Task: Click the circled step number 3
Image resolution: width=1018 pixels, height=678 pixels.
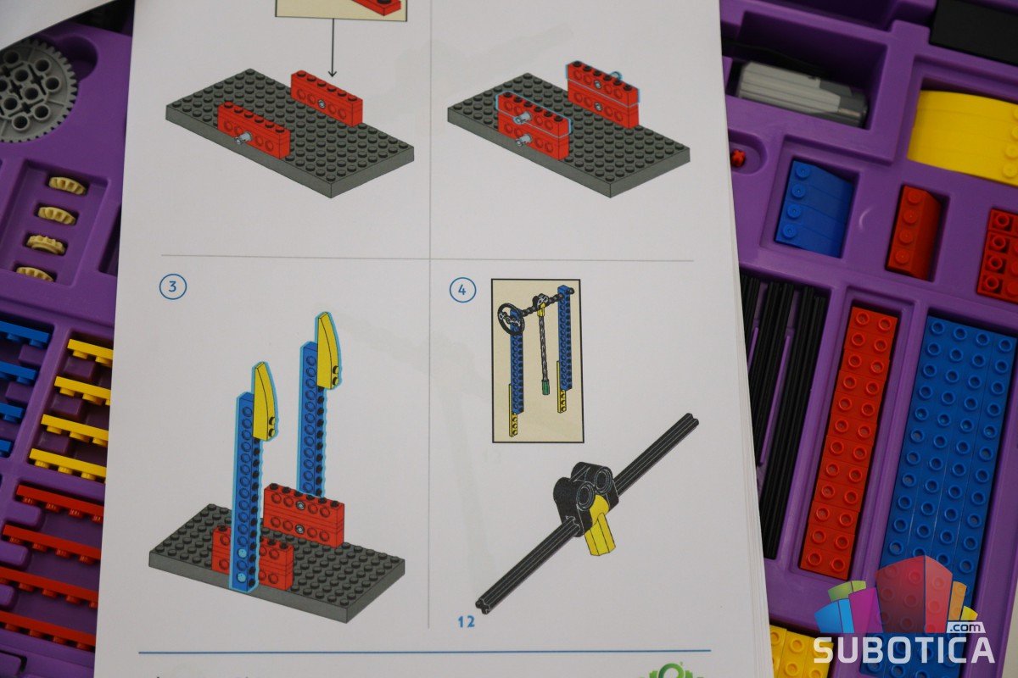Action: click(173, 286)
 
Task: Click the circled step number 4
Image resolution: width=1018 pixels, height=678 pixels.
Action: click(462, 290)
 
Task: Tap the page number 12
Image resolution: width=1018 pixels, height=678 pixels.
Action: click(467, 622)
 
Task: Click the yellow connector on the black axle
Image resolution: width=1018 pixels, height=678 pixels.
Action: click(601, 523)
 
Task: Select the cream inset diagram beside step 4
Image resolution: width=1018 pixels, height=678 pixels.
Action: click(537, 360)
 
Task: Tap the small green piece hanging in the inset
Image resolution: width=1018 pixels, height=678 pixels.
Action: click(545, 387)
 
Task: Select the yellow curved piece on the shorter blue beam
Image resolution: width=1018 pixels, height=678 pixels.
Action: click(265, 402)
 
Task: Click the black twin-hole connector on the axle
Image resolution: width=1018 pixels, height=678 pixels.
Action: click(585, 492)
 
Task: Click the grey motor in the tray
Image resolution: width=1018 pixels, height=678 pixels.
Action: click(800, 93)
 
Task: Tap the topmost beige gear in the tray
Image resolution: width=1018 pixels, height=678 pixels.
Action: click(68, 186)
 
